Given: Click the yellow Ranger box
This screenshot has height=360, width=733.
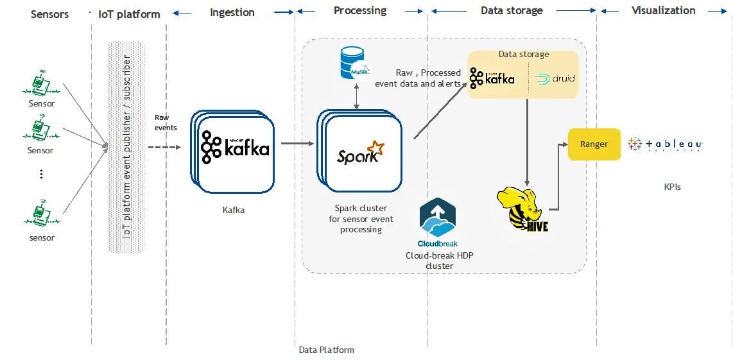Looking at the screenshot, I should [x=594, y=144].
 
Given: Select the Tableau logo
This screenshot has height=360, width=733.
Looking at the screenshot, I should [x=666, y=145].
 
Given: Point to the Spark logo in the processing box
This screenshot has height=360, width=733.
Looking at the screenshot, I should [x=360, y=154].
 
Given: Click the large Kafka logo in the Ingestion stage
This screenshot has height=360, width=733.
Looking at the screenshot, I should [x=235, y=148].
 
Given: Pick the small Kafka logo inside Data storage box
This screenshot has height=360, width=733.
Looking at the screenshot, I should [x=492, y=78].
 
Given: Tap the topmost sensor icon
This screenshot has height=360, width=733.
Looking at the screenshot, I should [x=41, y=82].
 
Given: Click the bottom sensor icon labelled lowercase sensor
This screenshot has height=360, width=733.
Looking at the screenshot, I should [x=41, y=216].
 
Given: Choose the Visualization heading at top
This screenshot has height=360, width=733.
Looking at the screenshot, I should [x=663, y=10].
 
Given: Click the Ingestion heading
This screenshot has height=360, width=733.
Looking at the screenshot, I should [x=232, y=12].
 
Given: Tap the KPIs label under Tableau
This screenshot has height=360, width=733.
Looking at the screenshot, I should [x=672, y=187].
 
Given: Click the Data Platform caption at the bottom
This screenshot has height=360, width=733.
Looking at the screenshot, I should [x=326, y=350].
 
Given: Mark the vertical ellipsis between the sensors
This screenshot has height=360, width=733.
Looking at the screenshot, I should [x=41, y=174].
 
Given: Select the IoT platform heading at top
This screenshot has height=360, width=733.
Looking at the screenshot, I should [x=129, y=13].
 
